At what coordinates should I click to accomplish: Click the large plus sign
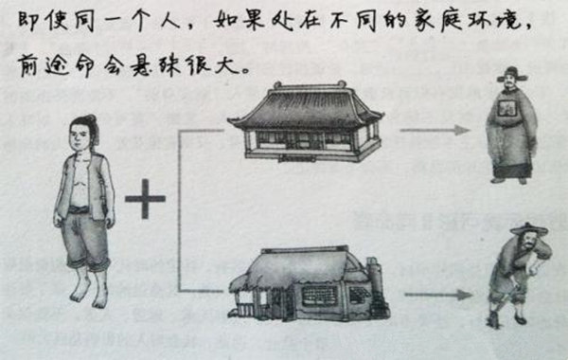[144, 199]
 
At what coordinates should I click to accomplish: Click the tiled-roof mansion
[306, 121]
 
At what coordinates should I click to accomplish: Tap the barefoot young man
[84, 208]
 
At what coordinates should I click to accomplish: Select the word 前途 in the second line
[42, 66]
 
